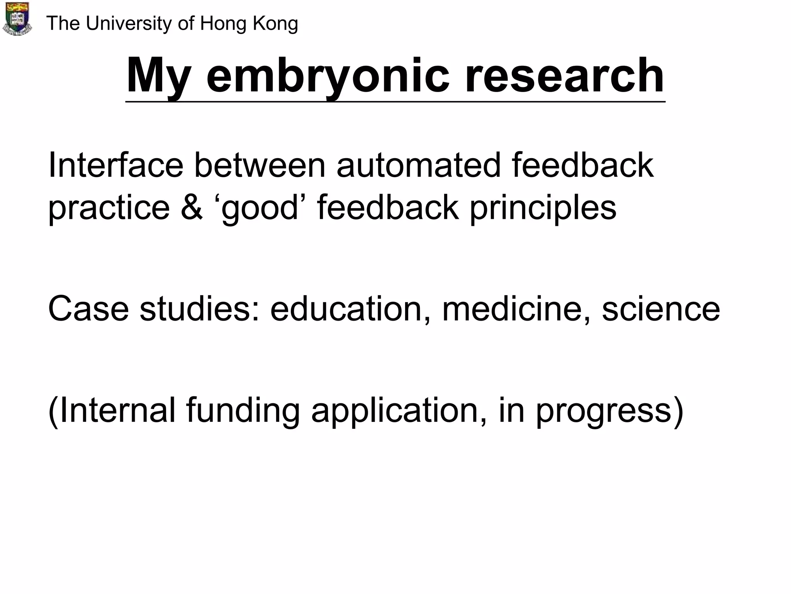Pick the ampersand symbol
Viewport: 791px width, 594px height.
tap(192, 208)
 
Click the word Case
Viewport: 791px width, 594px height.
tap(88, 309)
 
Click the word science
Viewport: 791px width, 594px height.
tap(661, 309)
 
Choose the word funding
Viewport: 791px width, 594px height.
tap(243, 411)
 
